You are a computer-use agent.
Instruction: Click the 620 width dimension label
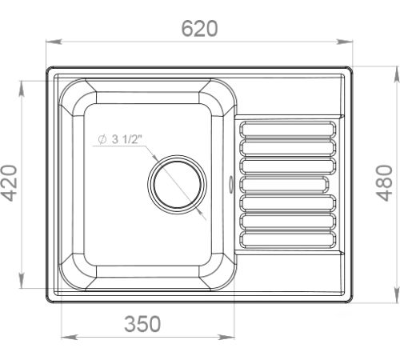tap(199, 29)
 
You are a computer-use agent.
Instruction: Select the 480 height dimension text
tap(385, 183)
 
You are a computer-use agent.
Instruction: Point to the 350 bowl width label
tap(142, 324)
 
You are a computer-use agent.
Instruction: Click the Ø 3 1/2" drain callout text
tap(120, 139)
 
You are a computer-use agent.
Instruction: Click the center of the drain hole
tap(177, 185)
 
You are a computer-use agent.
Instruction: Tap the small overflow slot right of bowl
tap(230, 183)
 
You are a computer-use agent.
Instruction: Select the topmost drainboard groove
tap(288, 130)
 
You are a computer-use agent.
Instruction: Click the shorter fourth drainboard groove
tap(284, 185)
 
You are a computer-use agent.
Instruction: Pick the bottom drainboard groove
tap(288, 240)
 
